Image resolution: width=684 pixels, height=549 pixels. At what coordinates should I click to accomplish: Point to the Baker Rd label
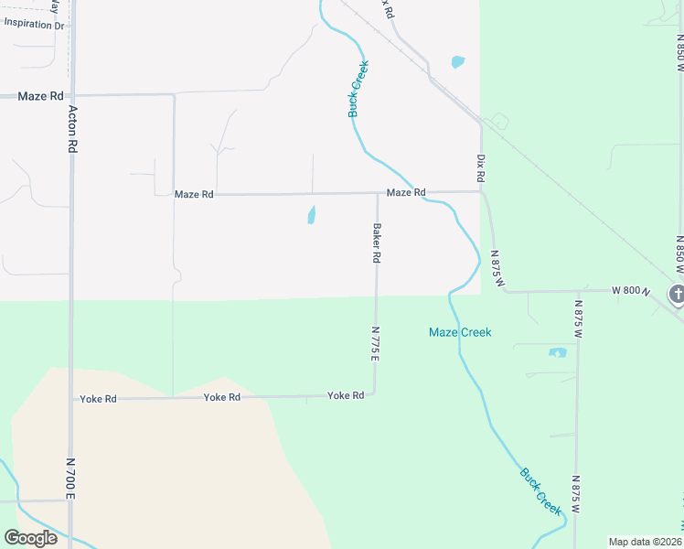(376, 243)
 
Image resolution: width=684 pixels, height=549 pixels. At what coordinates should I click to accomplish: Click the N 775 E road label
(375, 344)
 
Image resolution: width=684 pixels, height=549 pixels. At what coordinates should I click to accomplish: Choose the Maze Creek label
(460, 332)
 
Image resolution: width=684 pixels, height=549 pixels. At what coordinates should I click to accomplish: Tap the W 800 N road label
(631, 291)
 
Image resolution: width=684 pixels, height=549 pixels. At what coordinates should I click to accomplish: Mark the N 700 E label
(70, 479)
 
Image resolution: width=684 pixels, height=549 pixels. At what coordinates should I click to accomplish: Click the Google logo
(30, 538)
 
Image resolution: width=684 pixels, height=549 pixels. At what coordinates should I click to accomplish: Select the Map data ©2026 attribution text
(646, 542)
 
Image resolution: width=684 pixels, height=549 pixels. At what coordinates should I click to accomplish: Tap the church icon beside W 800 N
(677, 294)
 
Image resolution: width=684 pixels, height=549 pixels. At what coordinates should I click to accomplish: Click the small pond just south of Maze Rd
(311, 216)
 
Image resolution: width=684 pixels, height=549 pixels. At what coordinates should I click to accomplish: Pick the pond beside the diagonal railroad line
(457, 62)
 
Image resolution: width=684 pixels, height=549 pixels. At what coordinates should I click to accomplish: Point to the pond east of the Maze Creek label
(557, 352)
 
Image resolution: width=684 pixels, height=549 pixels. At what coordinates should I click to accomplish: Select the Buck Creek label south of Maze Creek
(540, 489)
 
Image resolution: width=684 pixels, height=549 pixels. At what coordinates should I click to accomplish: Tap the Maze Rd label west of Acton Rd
(42, 96)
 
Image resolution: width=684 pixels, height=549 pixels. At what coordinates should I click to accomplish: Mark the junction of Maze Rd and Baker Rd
(377, 193)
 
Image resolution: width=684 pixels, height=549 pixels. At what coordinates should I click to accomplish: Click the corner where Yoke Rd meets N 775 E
(375, 394)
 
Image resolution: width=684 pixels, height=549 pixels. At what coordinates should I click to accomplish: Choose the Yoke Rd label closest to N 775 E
(346, 395)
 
